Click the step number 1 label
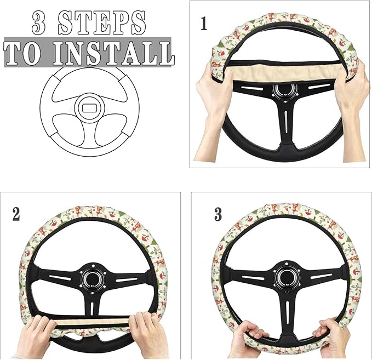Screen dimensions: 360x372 coord(204,24)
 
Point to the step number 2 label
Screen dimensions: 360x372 coord(16,214)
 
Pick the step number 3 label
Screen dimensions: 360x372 coord(218,214)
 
